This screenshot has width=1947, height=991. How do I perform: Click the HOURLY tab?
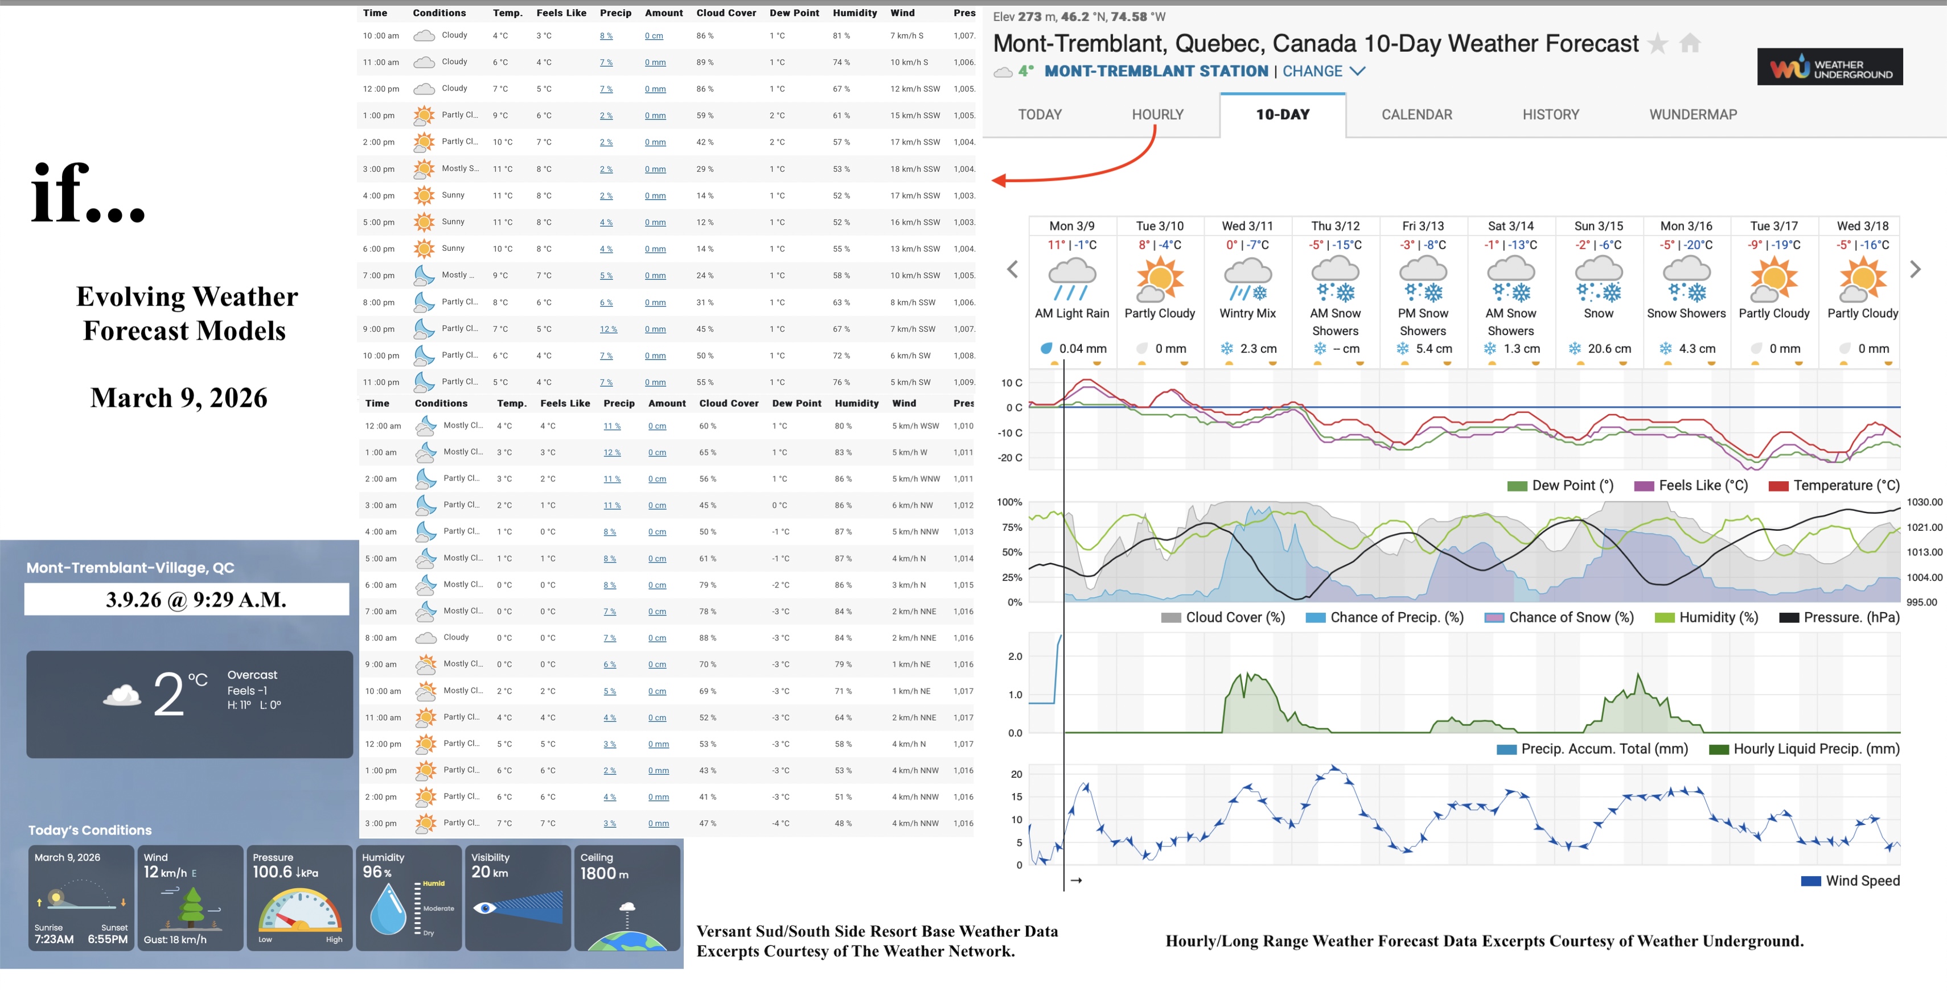[1157, 115]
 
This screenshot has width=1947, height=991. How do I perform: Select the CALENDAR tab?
[1416, 115]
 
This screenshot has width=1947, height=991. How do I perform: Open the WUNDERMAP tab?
[1693, 115]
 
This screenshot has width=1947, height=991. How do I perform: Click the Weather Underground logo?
[1829, 67]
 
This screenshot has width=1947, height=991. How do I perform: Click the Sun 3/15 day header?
[1598, 226]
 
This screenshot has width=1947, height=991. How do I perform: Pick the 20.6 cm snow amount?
[1608, 349]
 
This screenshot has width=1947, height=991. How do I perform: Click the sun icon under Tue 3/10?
[1160, 279]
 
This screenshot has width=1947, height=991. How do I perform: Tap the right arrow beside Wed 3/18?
[1915, 270]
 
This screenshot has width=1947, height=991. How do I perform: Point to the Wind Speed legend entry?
[1862, 881]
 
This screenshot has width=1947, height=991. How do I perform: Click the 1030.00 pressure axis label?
[1924, 502]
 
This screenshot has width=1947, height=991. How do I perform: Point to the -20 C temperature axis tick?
[1010, 458]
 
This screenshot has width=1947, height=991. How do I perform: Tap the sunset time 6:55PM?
[108, 940]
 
